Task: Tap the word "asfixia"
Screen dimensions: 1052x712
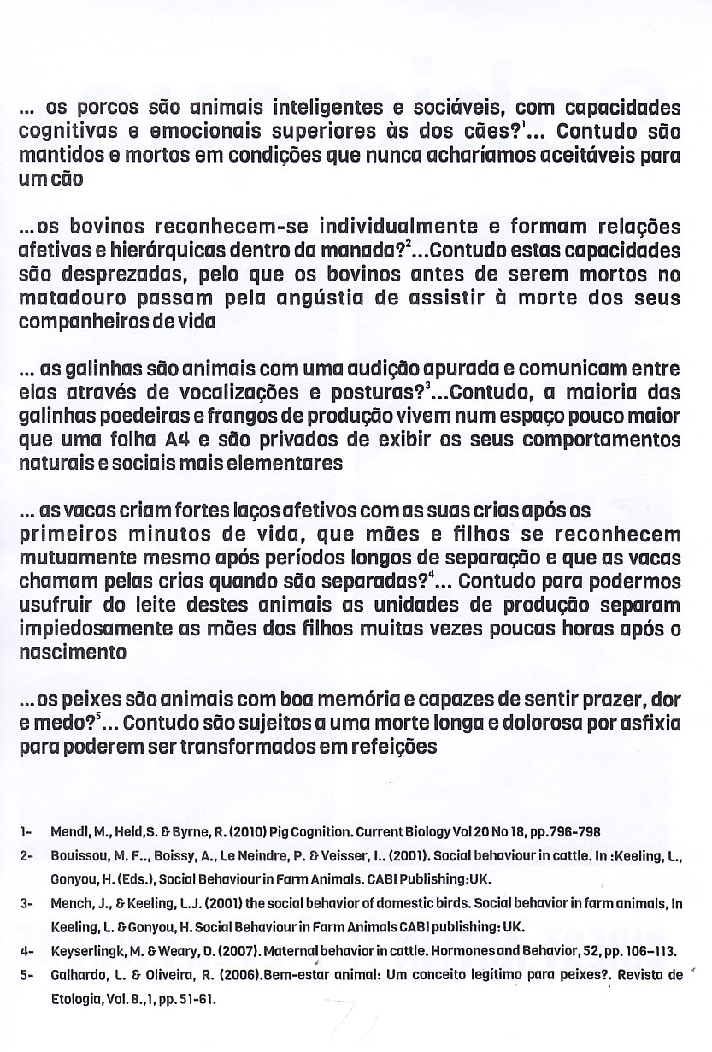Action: [x=647, y=724]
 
